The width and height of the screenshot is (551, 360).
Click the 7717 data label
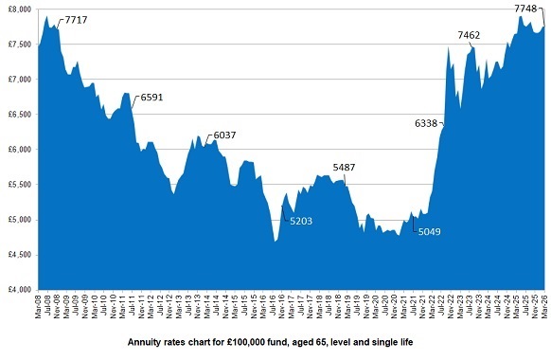[76, 20]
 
